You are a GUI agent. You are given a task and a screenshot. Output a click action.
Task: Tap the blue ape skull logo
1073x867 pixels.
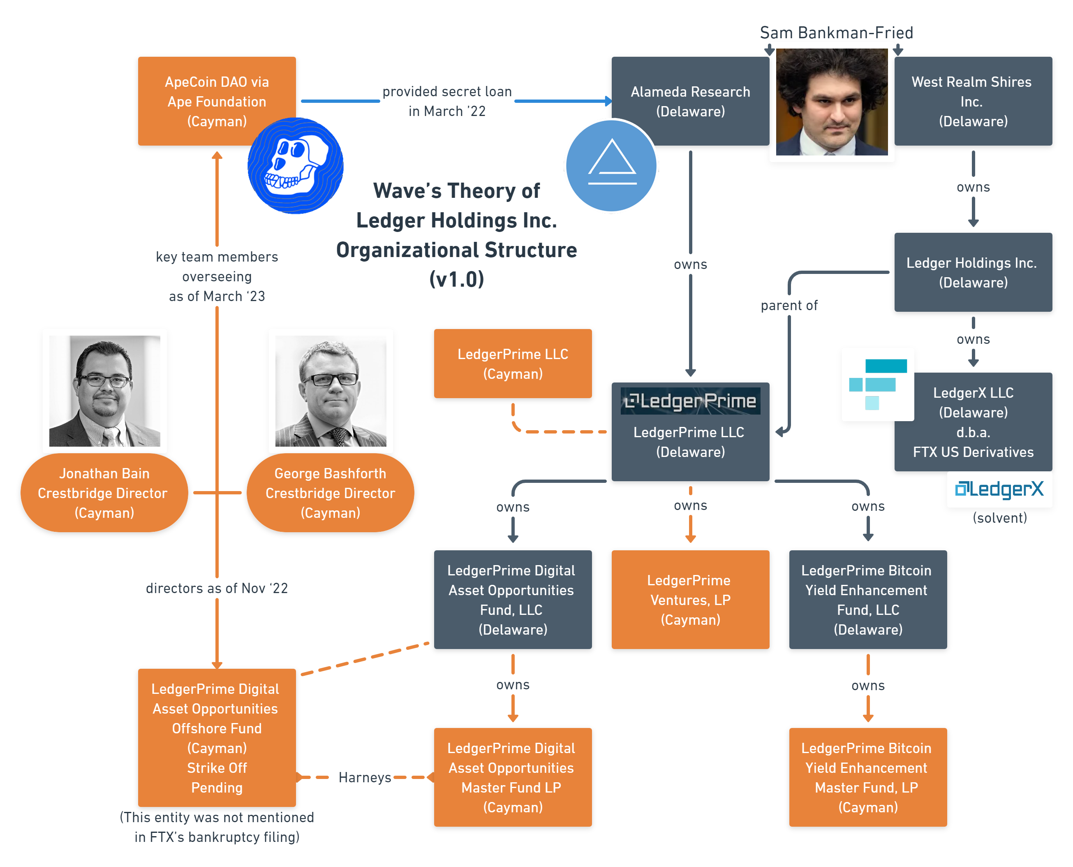tap(296, 166)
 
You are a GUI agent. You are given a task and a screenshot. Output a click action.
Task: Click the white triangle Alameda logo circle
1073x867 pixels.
tap(611, 166)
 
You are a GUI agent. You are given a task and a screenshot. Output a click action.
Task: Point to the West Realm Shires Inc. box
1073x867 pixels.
tap(973, 101)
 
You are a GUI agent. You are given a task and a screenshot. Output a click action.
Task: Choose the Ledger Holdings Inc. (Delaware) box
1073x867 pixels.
tap(973, 272)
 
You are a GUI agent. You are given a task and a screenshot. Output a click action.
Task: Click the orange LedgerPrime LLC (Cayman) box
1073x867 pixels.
tap(513, 364)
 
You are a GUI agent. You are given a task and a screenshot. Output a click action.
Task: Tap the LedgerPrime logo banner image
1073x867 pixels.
tap(690, 401)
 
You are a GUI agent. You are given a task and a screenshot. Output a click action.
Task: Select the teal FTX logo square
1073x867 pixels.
tap(877, 384)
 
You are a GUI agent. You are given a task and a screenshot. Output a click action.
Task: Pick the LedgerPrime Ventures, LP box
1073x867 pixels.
tap(690, 599)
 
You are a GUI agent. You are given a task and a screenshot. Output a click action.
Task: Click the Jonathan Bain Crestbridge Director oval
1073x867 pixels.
tap(104, 493)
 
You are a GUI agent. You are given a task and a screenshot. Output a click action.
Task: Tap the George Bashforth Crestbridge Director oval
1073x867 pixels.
tap(331, 493)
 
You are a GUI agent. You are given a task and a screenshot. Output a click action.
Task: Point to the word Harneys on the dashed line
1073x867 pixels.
tap(365, 778)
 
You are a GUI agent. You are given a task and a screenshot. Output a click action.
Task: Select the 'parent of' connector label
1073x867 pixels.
tap(789, 305)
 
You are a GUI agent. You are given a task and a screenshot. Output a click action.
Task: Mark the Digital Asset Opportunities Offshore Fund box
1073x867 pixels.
tap(217, 738)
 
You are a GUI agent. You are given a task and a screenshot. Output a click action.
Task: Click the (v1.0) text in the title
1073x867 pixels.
tap(457, 279)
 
